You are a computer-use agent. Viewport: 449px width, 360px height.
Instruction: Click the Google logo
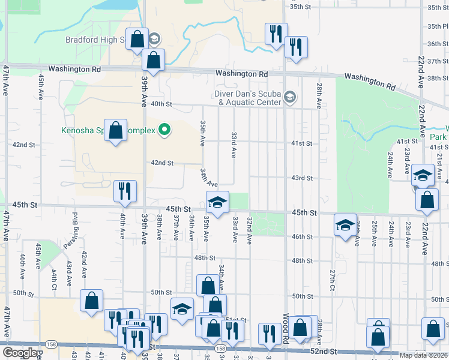[x=20, y=353]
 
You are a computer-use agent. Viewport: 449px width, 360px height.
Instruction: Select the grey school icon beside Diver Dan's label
[x=290, y=97]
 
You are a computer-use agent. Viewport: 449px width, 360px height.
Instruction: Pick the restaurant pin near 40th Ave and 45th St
[x=125, y=192]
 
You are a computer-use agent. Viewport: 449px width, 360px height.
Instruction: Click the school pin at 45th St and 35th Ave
[x=217, y=202]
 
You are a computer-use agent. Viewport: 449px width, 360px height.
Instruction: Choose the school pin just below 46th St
[x=345, y=225]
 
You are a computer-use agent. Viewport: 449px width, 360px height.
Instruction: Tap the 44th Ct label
[x=53, y=277]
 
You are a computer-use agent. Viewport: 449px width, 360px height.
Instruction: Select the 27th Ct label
[x=332, y=280]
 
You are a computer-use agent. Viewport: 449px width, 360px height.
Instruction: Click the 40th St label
[x=161, y=104]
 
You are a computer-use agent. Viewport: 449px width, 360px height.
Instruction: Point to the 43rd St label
[x=302, y=178]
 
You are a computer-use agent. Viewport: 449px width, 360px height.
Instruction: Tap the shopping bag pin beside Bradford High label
[x=137, y=40]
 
